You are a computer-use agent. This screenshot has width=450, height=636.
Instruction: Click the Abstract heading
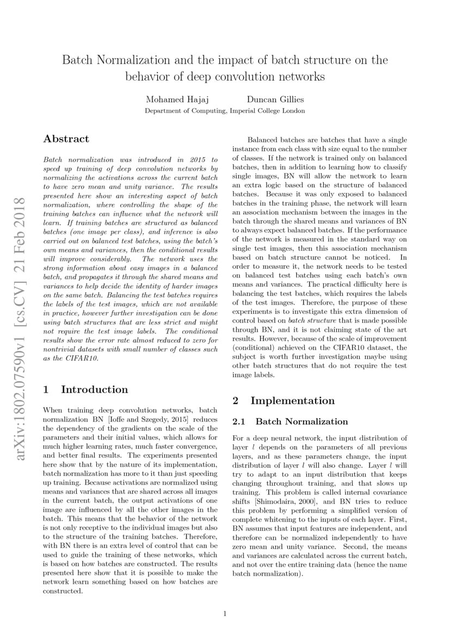click(x=66, y=139)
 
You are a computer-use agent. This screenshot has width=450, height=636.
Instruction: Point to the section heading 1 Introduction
click(x=85, y=390)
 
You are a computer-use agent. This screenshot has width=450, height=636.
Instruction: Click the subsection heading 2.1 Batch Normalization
click(x=289, y=422)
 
